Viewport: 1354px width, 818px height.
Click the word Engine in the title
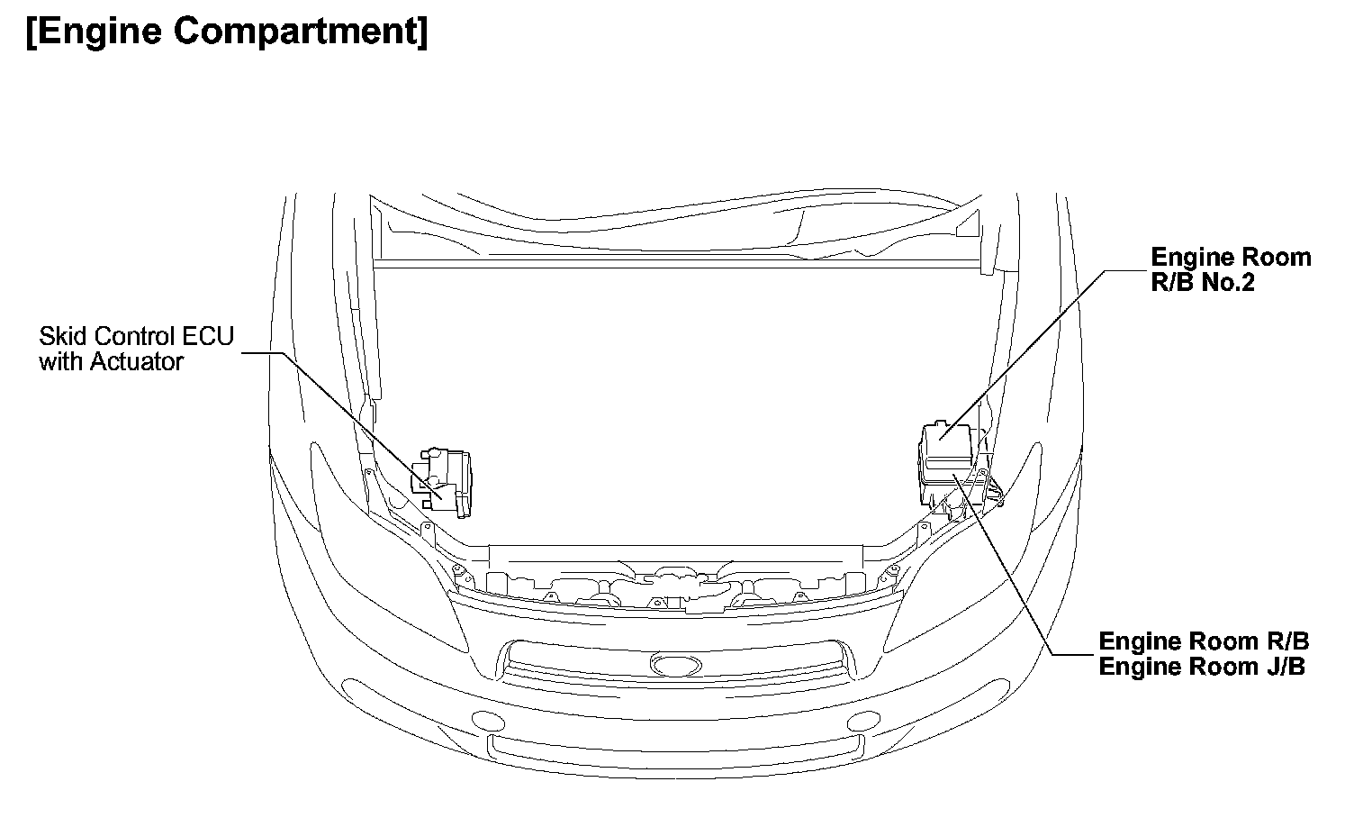click(98, 32)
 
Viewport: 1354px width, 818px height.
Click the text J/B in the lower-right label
click(1283, 667)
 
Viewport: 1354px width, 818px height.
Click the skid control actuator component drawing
click(442, 482)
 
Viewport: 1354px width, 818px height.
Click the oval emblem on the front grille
click(676, 666)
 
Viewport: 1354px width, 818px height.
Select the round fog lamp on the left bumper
click(487, 720)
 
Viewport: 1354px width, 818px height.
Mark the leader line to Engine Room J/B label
click(1008, 568)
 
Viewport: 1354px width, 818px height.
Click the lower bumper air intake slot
click(675, 747)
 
